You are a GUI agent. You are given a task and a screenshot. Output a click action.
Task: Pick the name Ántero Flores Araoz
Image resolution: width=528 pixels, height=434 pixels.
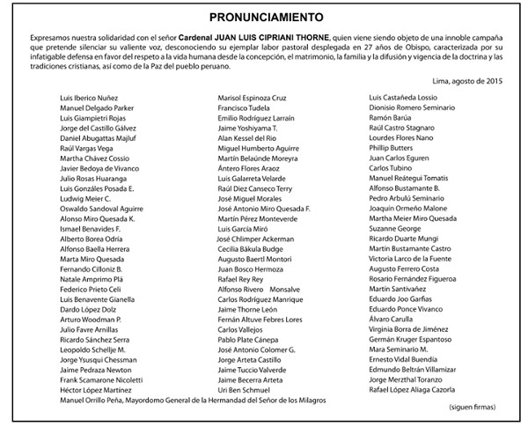pyautogui.click(x=251, y=168)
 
